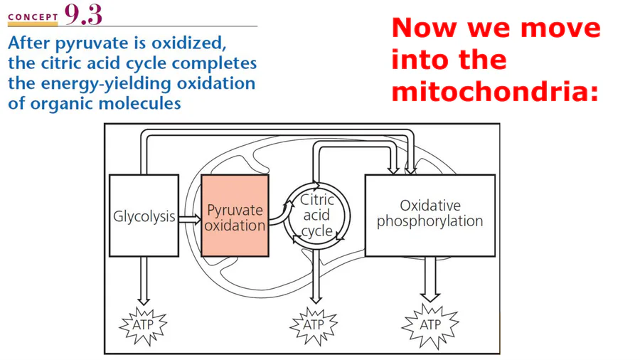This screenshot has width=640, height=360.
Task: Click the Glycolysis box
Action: click(144, 216)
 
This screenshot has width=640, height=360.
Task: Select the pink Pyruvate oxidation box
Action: click(235, 216)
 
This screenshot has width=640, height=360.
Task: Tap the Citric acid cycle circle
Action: click(317, 216)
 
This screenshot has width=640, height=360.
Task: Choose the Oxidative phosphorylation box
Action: click(430, 215)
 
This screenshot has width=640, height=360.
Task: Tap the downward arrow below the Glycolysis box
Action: click(143, 282)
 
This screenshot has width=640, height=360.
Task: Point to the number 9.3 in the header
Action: click(83, 14)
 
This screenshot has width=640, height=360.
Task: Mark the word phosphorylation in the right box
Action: click(430, 221)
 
